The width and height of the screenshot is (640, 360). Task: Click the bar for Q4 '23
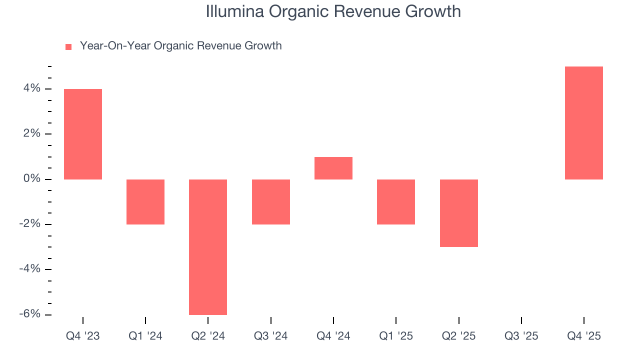click(83, 134)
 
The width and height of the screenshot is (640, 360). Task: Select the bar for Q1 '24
click(145, 201)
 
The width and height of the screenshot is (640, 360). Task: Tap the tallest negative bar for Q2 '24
click(208, 247)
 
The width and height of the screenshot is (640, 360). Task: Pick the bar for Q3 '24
click(271, 201)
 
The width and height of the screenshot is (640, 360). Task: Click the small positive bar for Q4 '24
click(333, 168)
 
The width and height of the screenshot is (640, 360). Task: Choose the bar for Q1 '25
click(396, 201)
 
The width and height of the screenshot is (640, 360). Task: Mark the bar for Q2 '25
click(459, 213)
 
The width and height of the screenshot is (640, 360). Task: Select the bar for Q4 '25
click(584, 123)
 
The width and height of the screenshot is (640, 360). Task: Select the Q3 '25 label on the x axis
click(521, 336)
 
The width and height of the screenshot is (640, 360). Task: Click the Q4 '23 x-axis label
click(83, 336)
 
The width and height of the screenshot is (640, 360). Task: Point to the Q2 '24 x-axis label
click(208, 336)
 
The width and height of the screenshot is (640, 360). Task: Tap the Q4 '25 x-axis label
click(584, 336)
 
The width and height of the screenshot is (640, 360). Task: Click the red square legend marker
click(68, 46)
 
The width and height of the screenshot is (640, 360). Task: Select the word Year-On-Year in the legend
click(115, 46)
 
